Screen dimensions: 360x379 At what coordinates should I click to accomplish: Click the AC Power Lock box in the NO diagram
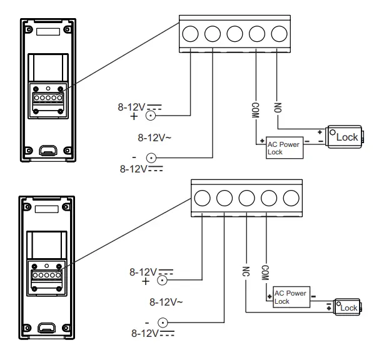tap(283, 147)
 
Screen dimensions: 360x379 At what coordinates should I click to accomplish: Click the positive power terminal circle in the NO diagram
tap(150, 115)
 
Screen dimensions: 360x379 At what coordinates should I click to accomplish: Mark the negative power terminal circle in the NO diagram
tap(150, 158)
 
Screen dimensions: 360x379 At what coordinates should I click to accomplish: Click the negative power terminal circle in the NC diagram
tap(163, 322)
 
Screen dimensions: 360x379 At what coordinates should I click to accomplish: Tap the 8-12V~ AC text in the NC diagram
tap(166, 301)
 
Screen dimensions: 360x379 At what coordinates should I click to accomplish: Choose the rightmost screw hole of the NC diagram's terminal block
tap(290, 197)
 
